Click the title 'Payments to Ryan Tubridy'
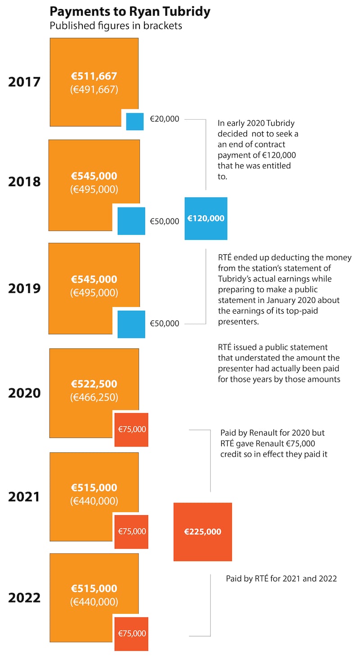coord(130,11)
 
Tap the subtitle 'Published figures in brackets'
coord(116,26)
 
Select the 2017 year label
coord(24,82)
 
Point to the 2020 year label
coord(24,393)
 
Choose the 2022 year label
coord(24,598)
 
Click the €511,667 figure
coord(94,76)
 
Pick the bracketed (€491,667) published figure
coord(94,90)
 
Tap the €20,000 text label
coord(164,119)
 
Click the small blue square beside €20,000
coord(135,121)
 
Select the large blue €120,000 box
coord(206,218)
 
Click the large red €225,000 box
coord(202,532)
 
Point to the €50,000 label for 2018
coord(164,221)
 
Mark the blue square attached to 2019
coord(131,324)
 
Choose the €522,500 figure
coord(94,384)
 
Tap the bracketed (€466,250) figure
coord(94,397)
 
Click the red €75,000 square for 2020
coord(131,430)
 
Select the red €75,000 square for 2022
coord(131,634)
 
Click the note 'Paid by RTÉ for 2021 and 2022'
coord(281,579)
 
